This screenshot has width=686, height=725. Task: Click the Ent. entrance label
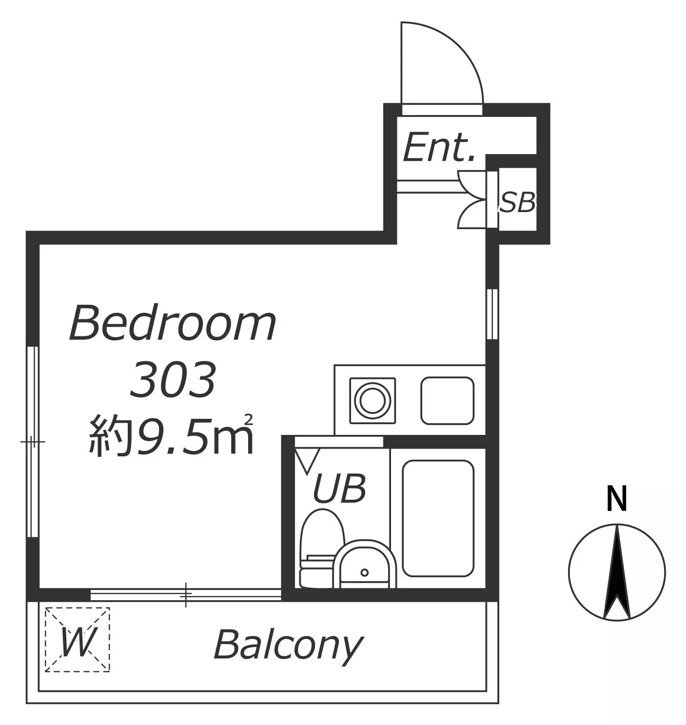click(x=438, y=148)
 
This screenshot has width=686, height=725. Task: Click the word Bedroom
click(x=173, y=323)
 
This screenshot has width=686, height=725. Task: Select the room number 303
click(x=172, y=379)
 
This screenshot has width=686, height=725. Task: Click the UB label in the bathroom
click(x=339, y=489)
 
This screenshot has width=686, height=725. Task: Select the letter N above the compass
click(x=617, y=499)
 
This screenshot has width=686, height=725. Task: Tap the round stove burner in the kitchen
click(x=372, y=400)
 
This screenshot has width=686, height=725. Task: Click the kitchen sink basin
click(x=447, y=400)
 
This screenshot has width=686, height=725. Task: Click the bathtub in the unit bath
click(x=438, y=518)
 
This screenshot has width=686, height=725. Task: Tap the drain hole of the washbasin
click(x=365, y=573)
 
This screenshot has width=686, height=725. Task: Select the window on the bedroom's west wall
click(x=33, y=441)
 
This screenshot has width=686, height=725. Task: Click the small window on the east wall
click(x=492, y=314)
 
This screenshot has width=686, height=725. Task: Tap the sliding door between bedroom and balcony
click(x=185, y=594)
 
